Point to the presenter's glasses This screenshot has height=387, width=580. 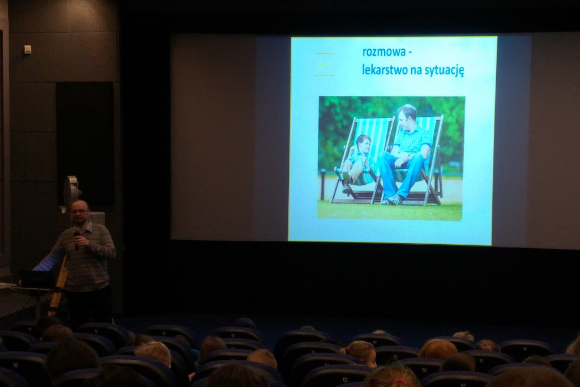pos(79,211)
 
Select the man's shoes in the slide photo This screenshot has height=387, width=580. pos(392,200)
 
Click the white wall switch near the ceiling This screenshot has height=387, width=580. pos(27,49)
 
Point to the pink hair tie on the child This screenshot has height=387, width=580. pos(398,381)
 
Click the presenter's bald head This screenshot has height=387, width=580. pos(79,205)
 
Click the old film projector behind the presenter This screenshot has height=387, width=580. pos(72,190)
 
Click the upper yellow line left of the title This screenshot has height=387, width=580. pos(325,54)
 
